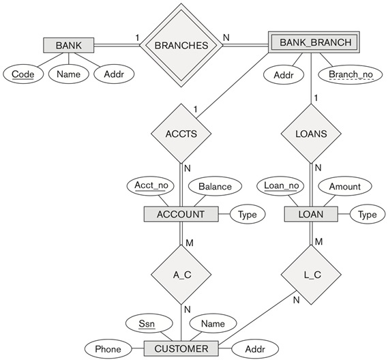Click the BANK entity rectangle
(68, 46)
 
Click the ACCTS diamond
(181, 134)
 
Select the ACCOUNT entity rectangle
(181, 214)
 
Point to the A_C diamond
(181, 275)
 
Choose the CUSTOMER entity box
(181, 349)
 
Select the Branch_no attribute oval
(348, 73)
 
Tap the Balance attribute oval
(215, 186)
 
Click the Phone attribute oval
(108, 349)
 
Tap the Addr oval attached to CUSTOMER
(256, 349)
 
